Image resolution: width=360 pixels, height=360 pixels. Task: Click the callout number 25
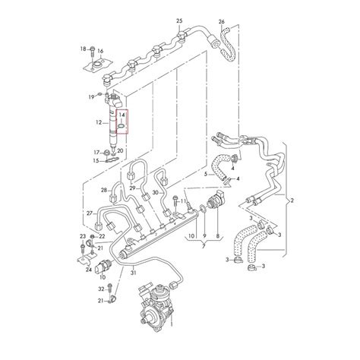pos(179,21)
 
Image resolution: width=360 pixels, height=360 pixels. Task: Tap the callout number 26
pos(222,22)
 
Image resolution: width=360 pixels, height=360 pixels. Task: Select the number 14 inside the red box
pos(122,115)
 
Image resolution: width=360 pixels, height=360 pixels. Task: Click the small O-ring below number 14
pos(122,126)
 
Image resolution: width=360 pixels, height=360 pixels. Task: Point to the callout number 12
pos(99,122)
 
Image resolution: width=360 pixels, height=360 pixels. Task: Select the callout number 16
pos(100,51)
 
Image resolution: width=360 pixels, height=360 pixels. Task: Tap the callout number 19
pos(91,96)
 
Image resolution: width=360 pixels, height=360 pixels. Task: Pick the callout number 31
pos(134,273)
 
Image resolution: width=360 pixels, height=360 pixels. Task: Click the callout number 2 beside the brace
pos(292,201)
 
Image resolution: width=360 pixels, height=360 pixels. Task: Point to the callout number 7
pos(204,246)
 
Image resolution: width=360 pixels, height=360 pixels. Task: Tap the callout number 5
pos(206,174)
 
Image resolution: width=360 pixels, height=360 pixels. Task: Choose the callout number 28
pos(104,190)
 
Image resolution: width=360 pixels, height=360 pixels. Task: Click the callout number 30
pos(156,193)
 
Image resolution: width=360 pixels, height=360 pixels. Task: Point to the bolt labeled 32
pos(109,289)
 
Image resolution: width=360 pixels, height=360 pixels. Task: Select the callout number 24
pos(88,270)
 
